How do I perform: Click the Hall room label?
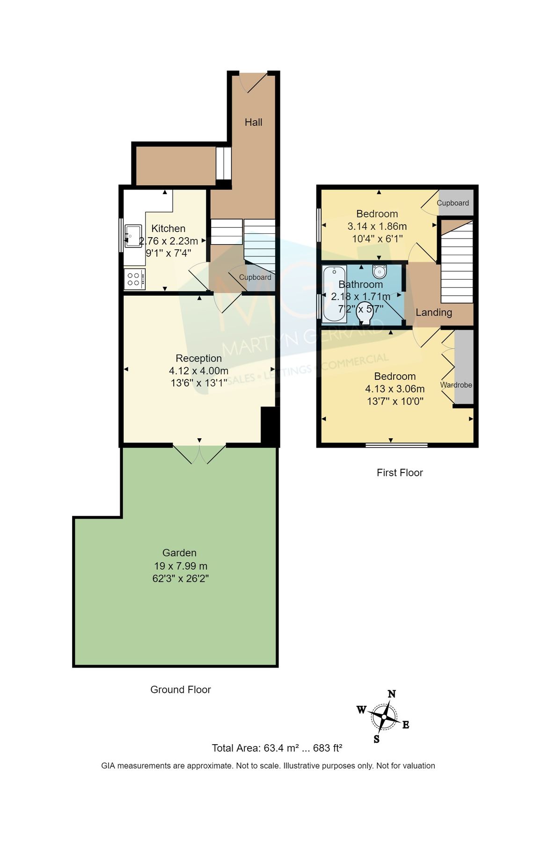click(x=253, y=122)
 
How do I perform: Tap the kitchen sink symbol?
click(x=133, y=236)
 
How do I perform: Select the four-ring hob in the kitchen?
click(x=134, y=279)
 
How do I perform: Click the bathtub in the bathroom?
click(x=334, y=294)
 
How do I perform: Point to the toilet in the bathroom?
click(x=364, y=314)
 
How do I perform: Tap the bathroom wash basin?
click(x=379, y=271)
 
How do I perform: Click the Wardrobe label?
click(x=456, y=385)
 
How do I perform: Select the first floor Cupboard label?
click(x=453, y=203)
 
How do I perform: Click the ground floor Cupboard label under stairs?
click(x=255, y=277)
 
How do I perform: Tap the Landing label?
click(x=434, y=312)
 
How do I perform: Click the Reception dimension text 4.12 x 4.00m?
click(x=198, y=370)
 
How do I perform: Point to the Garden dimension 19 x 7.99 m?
click(x=180, y=566)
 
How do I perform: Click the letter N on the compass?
click(x=392, y=694)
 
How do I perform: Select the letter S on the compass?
click(x=376, y=740)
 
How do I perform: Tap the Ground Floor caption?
click(x=180, y=690)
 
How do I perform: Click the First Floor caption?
click(x=399, y=472)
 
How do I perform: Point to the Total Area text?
click(x=277, y=748)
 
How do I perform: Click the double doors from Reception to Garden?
click(x=199, y=453)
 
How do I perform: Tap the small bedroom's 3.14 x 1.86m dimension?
click(x=377, y=226)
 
